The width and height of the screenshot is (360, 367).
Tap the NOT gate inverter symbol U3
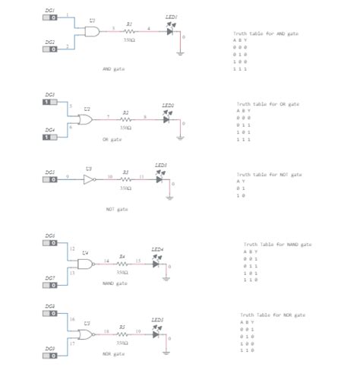click(89, 180)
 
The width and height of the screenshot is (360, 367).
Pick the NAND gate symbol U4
click(86, 263)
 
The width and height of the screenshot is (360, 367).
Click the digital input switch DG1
click(50, 16)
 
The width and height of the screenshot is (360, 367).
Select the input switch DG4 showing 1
click(49, 137)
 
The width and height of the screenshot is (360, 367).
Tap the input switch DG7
click(50, 286)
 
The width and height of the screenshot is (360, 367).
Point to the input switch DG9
click(50, 356)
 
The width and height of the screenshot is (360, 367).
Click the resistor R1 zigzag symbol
click(129, 31)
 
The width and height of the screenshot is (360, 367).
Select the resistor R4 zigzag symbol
click(122, 263)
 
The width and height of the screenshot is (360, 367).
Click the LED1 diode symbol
click(170, 31)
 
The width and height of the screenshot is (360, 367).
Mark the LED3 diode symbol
click(160, 180)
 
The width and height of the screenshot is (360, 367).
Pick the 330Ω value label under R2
click(126, 128)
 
